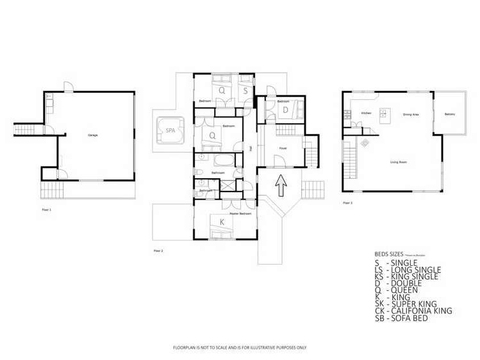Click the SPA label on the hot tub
pos(170,131)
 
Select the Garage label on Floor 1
pos(93,135)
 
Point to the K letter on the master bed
pos(222,222)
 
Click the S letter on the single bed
pos(245,91)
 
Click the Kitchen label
pos(366,113)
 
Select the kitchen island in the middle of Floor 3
pos(385,115)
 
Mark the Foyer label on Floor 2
pos(282,149)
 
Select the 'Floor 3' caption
pos(347,202)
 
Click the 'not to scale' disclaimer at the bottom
pos(240,347)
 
